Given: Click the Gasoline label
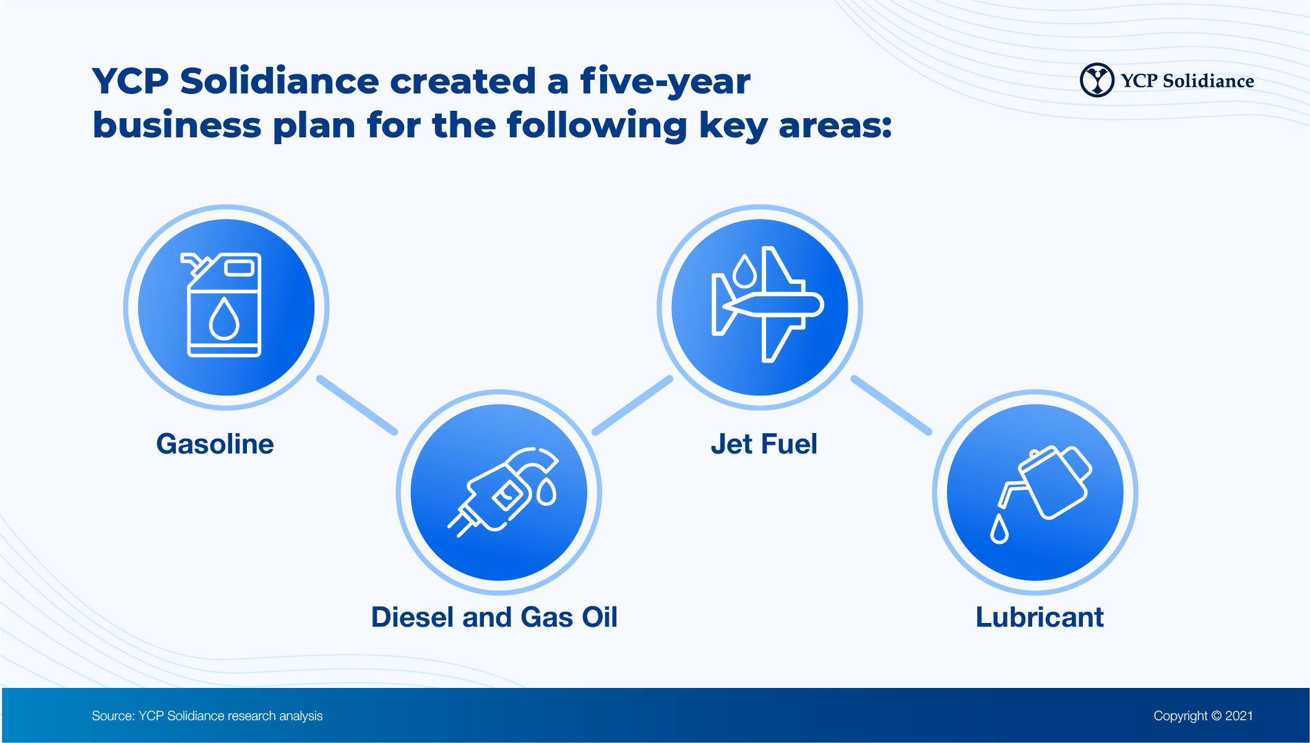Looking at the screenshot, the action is [x=215, y=444].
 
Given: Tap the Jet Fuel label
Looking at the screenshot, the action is [x=764, y=444].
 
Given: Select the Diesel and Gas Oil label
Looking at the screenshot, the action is [x=494, y=617].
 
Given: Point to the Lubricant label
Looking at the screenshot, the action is [x=1040, y=617].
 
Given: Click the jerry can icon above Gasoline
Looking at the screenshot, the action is [x=223, y=304].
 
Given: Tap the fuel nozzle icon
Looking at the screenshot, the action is [x=503, y=491].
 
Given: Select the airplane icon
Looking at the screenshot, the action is [x=767, y=304].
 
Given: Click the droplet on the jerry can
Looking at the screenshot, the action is [x=224, y=319].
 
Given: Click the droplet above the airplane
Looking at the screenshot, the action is [x=745, y=271].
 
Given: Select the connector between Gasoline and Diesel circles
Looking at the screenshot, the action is [x=357, y=405].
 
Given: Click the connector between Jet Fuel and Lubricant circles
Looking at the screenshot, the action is [x=891, y=405].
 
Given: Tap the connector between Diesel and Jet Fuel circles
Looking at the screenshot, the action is [x=632, y=405].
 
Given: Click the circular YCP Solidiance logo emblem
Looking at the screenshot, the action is [x=1097, y=80].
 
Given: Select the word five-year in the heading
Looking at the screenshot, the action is [x=665, y=81].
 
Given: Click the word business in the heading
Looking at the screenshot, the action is [x=177, y=125].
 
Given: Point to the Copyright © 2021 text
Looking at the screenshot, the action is [x=1203, y=716].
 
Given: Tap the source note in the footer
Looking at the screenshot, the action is [x=207, y=716].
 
